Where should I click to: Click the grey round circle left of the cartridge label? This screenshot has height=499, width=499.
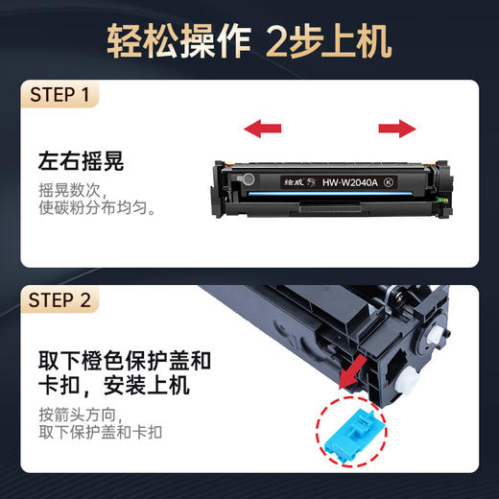click(248, 178)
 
